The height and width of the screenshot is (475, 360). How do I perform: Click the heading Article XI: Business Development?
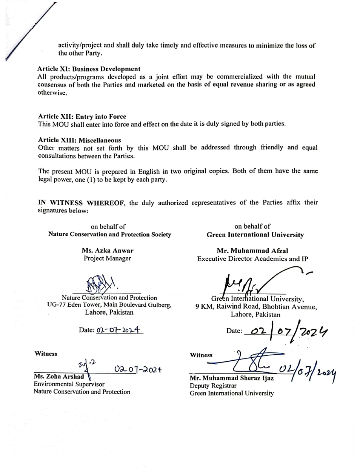click(89, 69)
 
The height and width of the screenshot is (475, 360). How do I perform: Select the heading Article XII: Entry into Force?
click(82, 117)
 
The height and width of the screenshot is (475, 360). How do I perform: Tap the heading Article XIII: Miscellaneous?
click(79, 140)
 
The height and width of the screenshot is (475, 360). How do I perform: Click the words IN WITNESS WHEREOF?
click(82, 203)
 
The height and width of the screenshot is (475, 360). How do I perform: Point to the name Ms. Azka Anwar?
click(108, 250)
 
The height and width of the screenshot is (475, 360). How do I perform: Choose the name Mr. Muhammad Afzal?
click(252, 251)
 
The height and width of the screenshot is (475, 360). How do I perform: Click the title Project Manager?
click(108, 258)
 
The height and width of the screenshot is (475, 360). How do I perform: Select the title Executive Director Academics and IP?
click(252, 259)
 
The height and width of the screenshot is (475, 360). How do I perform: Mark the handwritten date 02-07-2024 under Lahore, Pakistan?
click(118, 330)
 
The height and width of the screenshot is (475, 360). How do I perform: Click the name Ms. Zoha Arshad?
click(59, 377)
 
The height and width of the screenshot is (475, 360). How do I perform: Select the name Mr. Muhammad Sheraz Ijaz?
click(232, 378)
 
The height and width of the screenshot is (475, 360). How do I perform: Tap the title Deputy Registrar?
click(213, 386)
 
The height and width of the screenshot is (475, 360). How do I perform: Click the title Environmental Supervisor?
click(69, 384)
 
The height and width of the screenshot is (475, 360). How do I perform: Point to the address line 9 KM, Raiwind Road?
click(256, 307)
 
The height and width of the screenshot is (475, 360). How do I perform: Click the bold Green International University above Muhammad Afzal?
click(255, 235)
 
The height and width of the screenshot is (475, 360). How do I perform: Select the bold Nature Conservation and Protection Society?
click(109, 234)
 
